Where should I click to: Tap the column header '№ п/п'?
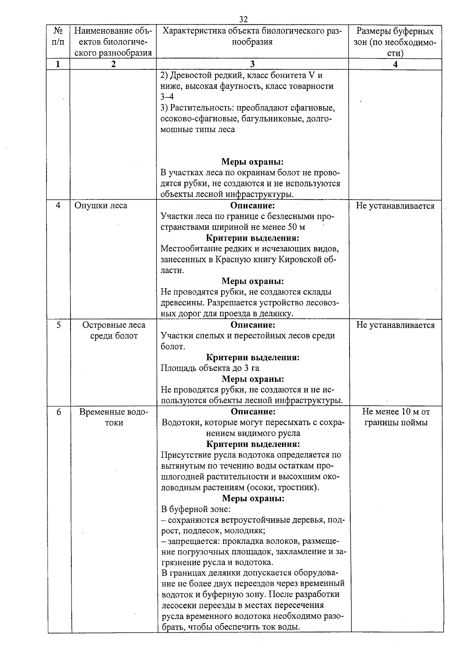click(58, 36)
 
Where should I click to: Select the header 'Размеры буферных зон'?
click(395, 42)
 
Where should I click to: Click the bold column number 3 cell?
click(252, 65)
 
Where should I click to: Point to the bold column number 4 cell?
click(395, 65)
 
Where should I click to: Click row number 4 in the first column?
click(58, 205)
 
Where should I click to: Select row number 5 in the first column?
click(59, 325)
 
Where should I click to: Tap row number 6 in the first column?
click(59, 412)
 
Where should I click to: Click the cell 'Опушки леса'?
click(101, 205)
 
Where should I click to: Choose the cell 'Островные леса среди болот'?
click(114, 330)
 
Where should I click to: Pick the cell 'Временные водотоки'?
click(114, 417)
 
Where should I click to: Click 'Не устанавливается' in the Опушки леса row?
click(395, 206)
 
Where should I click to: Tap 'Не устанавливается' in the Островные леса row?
click(395, 325)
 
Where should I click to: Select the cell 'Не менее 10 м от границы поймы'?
click(396, 417)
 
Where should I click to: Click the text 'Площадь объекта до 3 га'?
click(210, 368)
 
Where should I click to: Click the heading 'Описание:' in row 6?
click(253, 411)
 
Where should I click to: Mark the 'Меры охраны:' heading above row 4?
click(253, 162)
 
